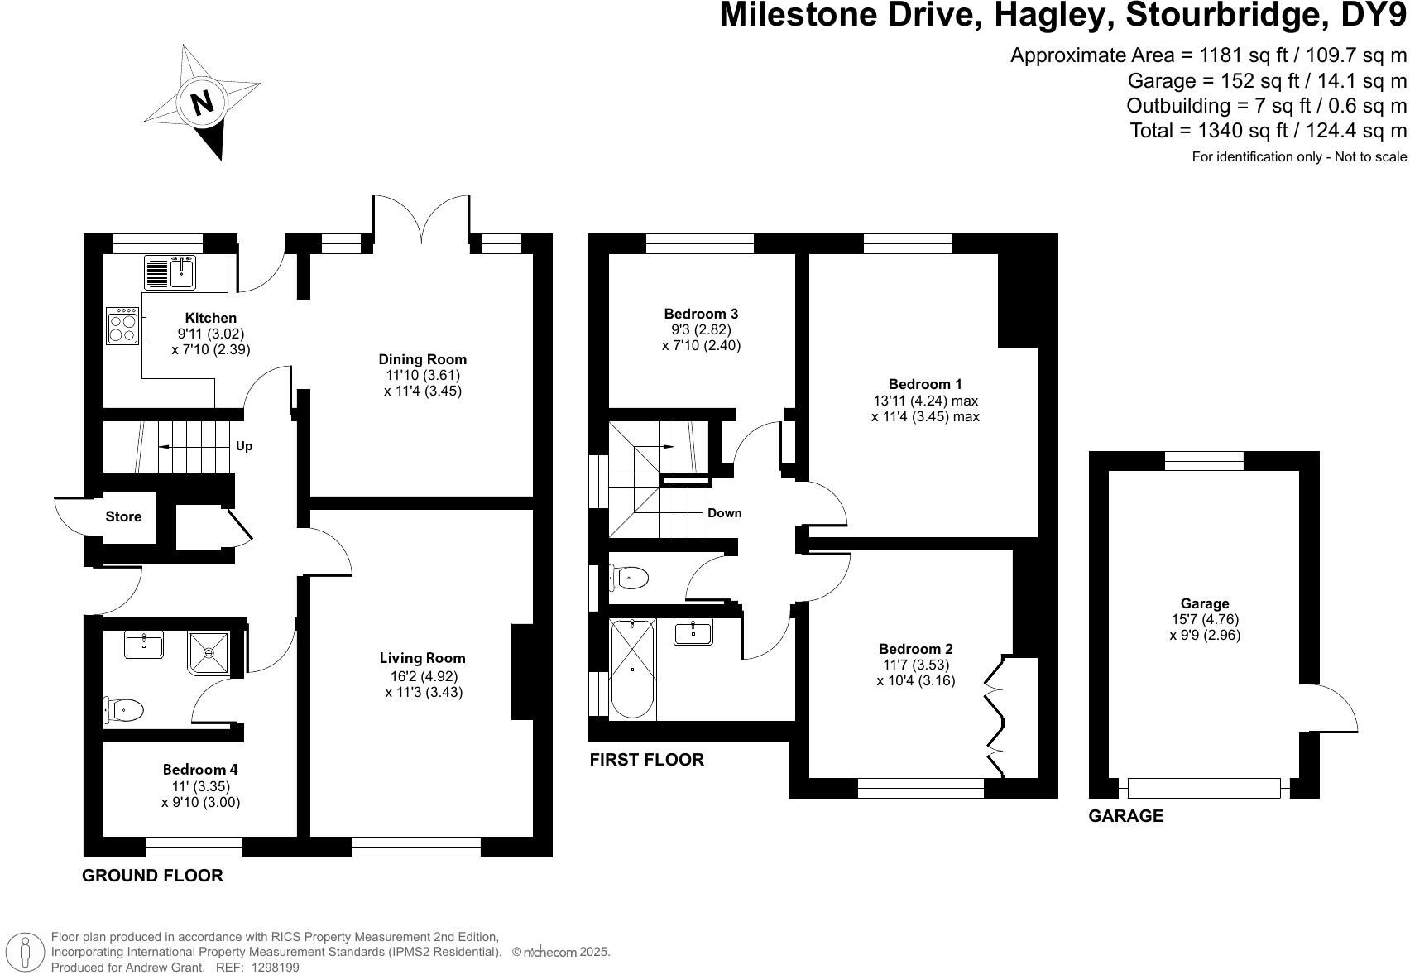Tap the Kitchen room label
[210, 318]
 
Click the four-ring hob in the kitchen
[122, 325]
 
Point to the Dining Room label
[422, 359]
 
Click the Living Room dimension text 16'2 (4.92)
[423, 675]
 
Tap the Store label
[123, 516]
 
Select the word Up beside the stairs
[243, 446]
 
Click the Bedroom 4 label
[200, 770]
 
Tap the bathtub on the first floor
[633, 669]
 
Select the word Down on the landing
[724, 513]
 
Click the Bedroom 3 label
[701, 314]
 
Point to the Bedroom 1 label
[924, 384]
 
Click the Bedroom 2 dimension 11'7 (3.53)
[914, 665]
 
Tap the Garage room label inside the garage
[1204, 604]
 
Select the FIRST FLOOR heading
[646, 760]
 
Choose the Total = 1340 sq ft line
[1268, 131]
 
